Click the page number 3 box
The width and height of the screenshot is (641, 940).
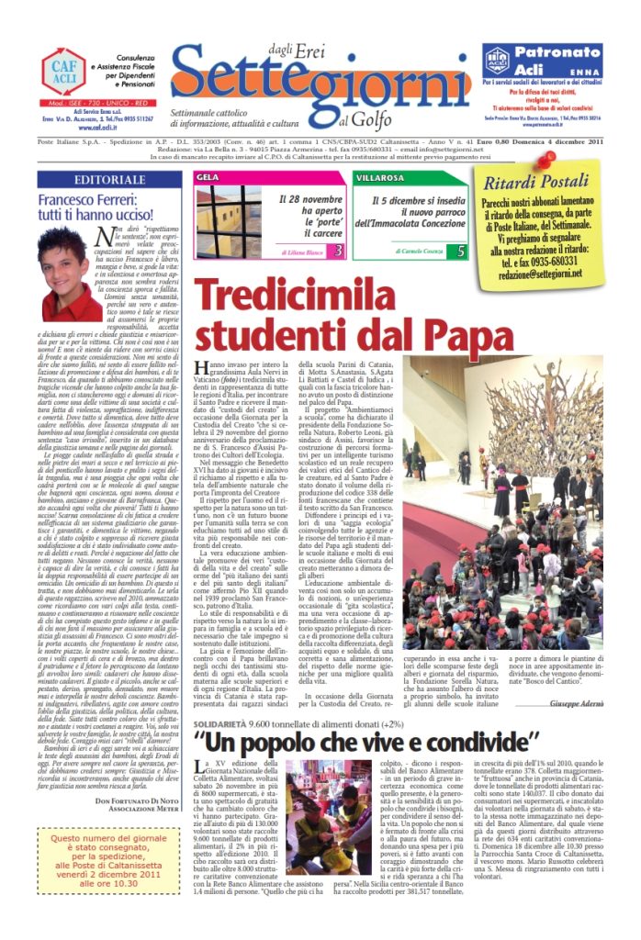tap(337, 251)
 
